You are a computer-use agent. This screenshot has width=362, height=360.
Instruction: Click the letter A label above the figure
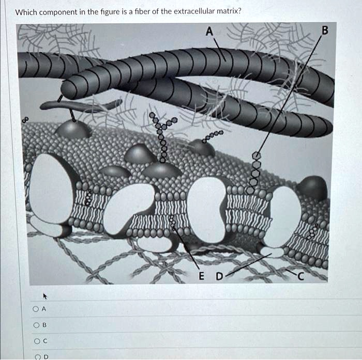208,32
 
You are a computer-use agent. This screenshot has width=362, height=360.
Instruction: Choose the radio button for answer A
35,309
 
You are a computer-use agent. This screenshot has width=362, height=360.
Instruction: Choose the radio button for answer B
35,325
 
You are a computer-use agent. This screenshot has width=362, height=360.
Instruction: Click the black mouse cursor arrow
46,296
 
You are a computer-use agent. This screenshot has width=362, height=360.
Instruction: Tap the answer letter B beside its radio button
44,325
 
